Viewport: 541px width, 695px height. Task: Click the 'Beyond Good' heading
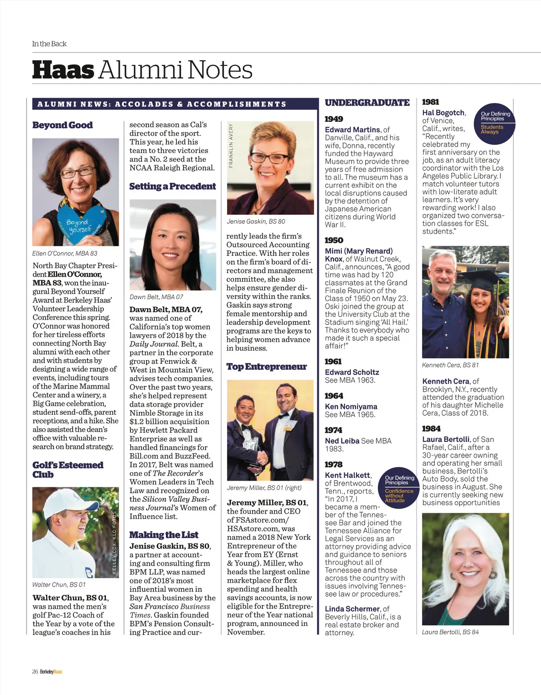[x=63, y=125]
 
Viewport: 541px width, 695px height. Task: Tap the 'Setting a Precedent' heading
[x=173, y=186]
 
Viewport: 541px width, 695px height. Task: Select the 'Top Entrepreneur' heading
[x=266, y=366]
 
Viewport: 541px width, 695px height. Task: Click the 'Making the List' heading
[x=164, y=535]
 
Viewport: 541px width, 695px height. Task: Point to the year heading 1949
[x=334, y=119]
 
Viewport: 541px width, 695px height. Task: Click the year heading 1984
[x=431, y=429]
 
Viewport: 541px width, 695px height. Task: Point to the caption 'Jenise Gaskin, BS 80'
[x=256, y=221]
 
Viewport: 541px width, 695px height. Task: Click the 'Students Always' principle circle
[x=494, y=124]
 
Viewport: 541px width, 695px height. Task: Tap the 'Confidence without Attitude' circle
[x=399, y=488]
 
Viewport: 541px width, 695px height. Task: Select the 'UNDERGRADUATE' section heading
[x=367, y=103]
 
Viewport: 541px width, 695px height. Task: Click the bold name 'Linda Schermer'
[x=352, y=609]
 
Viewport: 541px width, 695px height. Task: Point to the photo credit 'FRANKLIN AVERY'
[x=231, y=145]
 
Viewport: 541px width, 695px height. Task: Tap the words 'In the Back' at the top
[x=49, y=44]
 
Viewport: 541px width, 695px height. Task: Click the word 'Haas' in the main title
[x=64, y=70]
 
